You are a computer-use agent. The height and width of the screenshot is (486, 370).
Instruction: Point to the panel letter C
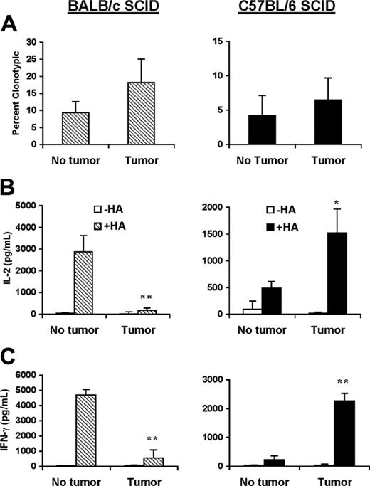(11, 352)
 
